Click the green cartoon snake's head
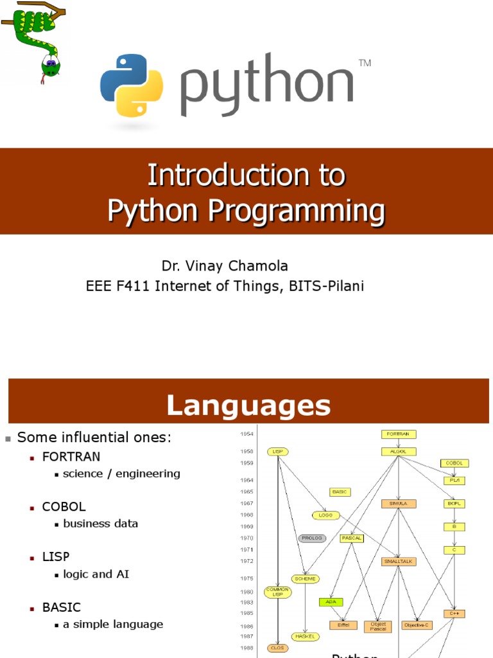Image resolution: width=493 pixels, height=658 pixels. [50, 66]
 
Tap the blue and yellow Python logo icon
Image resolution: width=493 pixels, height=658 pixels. [132, 85]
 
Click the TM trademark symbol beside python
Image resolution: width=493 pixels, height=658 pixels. [365, 63]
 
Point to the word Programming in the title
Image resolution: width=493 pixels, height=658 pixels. [302, 210]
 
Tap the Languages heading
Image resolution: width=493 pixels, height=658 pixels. [248, 405]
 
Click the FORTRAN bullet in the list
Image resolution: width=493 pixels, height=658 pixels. [71, 456]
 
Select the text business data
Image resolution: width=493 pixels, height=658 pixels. [101, 524]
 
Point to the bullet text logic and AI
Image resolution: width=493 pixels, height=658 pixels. [96, 574]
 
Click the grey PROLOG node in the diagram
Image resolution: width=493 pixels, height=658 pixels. [312, 538]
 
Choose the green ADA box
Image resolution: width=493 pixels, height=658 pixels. [331, 602]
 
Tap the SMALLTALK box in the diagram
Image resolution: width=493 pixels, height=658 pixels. [399, 561]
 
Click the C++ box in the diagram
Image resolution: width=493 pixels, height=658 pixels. [454, 614]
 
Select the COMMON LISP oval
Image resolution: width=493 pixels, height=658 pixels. [278, 592]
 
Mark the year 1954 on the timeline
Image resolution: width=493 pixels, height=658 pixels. [246, 434]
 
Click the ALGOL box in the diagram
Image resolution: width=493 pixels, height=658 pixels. [399, 451]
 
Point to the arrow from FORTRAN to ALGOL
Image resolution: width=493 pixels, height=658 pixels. [399, 443]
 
